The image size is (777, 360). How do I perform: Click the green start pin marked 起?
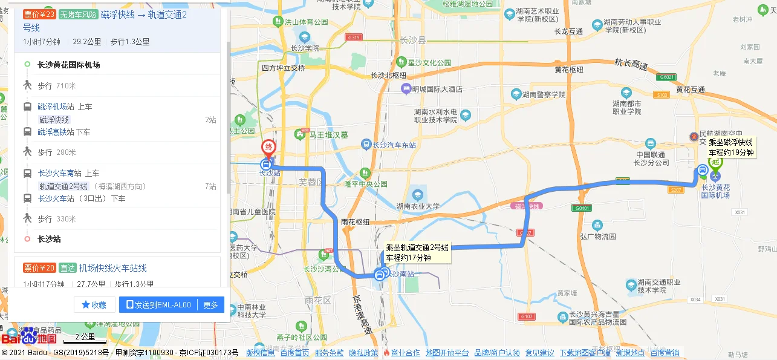coord(716,162)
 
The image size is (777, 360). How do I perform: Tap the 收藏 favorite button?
coord(94,305)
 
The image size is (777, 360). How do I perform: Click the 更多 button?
coord(210,305)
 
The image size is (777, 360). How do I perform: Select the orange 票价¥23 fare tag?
coord(39,15)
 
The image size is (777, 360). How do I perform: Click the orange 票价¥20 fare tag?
coord(39,268)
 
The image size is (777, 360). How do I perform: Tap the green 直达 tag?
coord(68,268)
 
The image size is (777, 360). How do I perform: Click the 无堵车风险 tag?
coord(79,15)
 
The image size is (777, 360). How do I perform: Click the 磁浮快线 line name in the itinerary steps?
coord(54,120)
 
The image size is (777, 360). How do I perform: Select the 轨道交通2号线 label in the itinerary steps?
coord(63,186)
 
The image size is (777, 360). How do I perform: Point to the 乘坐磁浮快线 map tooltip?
coord(731,148)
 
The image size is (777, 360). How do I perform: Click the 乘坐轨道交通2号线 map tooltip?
coord(417,253)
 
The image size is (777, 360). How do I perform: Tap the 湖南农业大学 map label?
coord(417,206)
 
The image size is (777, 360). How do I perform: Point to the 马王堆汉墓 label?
coord(328,134)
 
